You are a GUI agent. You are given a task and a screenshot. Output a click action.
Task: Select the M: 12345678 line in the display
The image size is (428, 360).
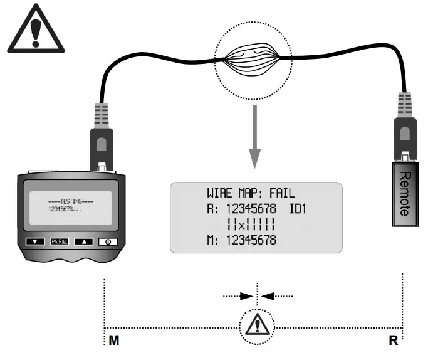(241, 240)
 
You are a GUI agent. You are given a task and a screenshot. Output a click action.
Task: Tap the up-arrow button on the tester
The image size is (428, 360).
(83, 241)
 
